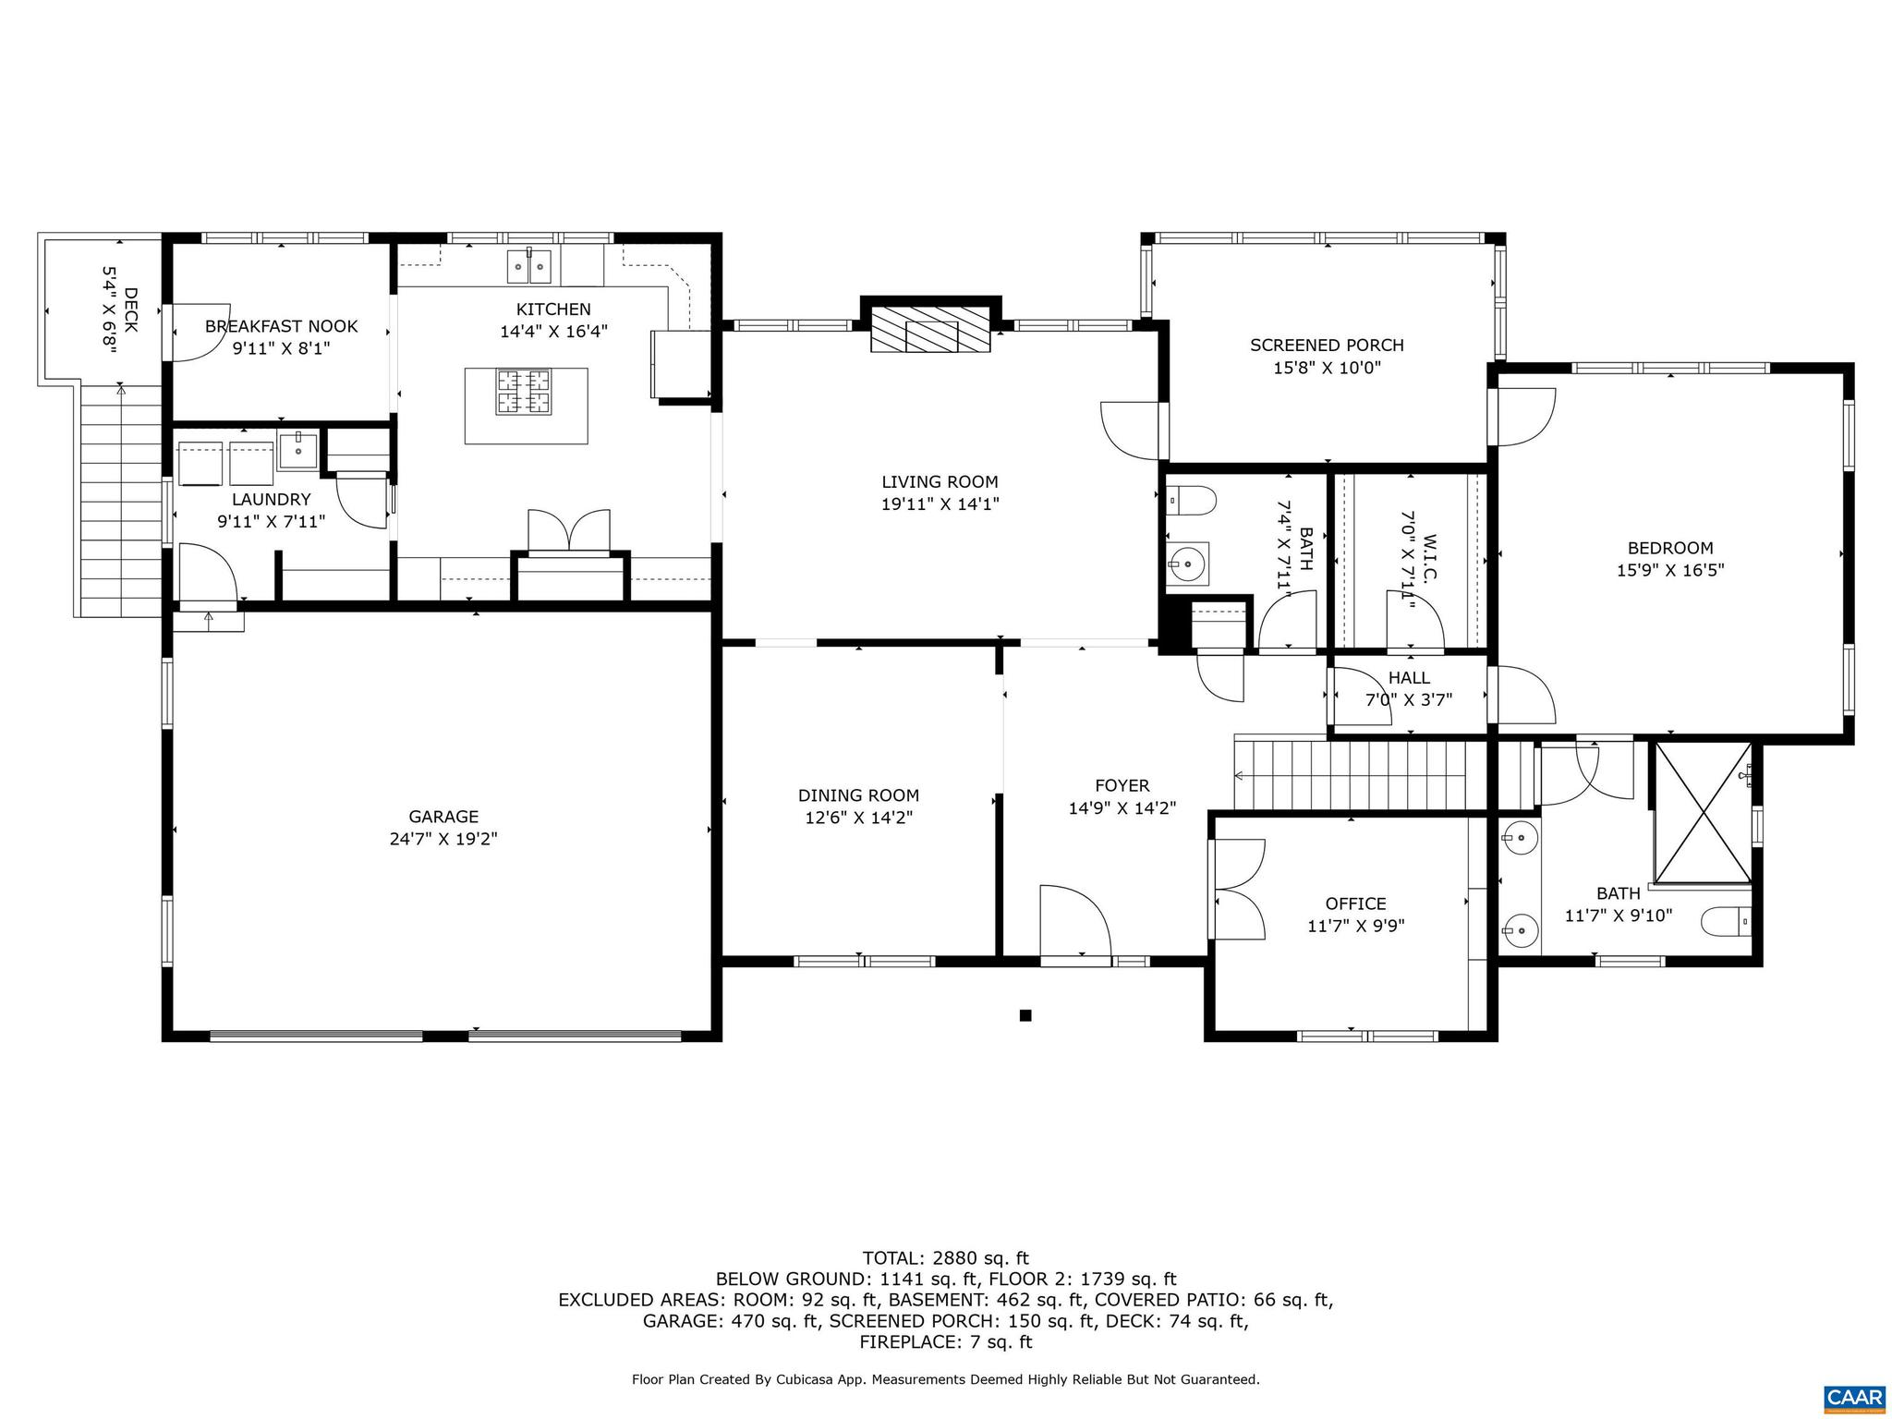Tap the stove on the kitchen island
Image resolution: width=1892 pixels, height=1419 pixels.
pyautogui.click(x=525, y=392)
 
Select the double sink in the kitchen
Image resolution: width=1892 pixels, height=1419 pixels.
pyautogui.click(x=529, y=267)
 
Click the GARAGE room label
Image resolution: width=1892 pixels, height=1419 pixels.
pyautogui.click(x=443, y=817)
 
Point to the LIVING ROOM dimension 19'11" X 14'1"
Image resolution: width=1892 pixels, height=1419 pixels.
pyautogui.click(x=940, y=504)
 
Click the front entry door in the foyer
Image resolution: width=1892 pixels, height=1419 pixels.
pyautogui.click(x=1074, y=924)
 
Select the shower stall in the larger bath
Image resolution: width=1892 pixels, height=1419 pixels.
pyautogui.click(x=1703, y=813)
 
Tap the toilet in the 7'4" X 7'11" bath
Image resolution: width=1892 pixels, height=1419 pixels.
pyautogui.click(x=1192, y=501)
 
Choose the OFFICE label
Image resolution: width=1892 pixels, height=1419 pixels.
pyautogui.click(x=1355, y=904)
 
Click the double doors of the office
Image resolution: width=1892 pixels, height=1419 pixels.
pyautogui.click(x=1238, y=889)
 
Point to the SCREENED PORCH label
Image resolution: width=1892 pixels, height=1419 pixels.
pyautogui.click(x=1327, y=346)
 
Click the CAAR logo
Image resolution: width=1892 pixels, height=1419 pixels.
pyautogui.click(x=1854, y=1398)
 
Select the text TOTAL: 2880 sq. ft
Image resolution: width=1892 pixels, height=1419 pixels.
pyautogui.click(x=945, y=1258)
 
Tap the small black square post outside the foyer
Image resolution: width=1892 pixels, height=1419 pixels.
pyautogui.click(x=1025, y=1015)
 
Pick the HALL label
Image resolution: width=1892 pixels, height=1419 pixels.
pyautogui.click(x=1409, y=678)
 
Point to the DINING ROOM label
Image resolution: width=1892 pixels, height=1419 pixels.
pyautogui.click(x=858, y=795)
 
